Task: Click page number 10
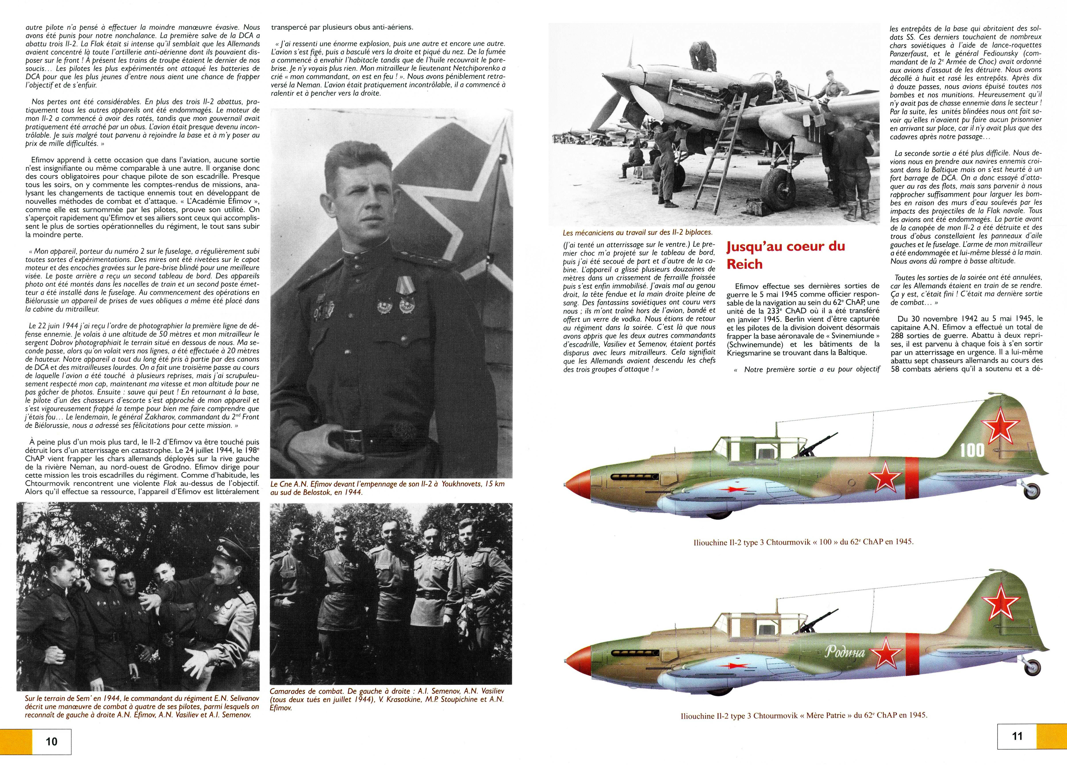click(51, 742)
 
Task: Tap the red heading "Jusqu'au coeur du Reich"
click(786, 255)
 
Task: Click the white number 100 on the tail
click(972, 450)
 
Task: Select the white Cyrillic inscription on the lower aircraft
click(845, 653)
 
